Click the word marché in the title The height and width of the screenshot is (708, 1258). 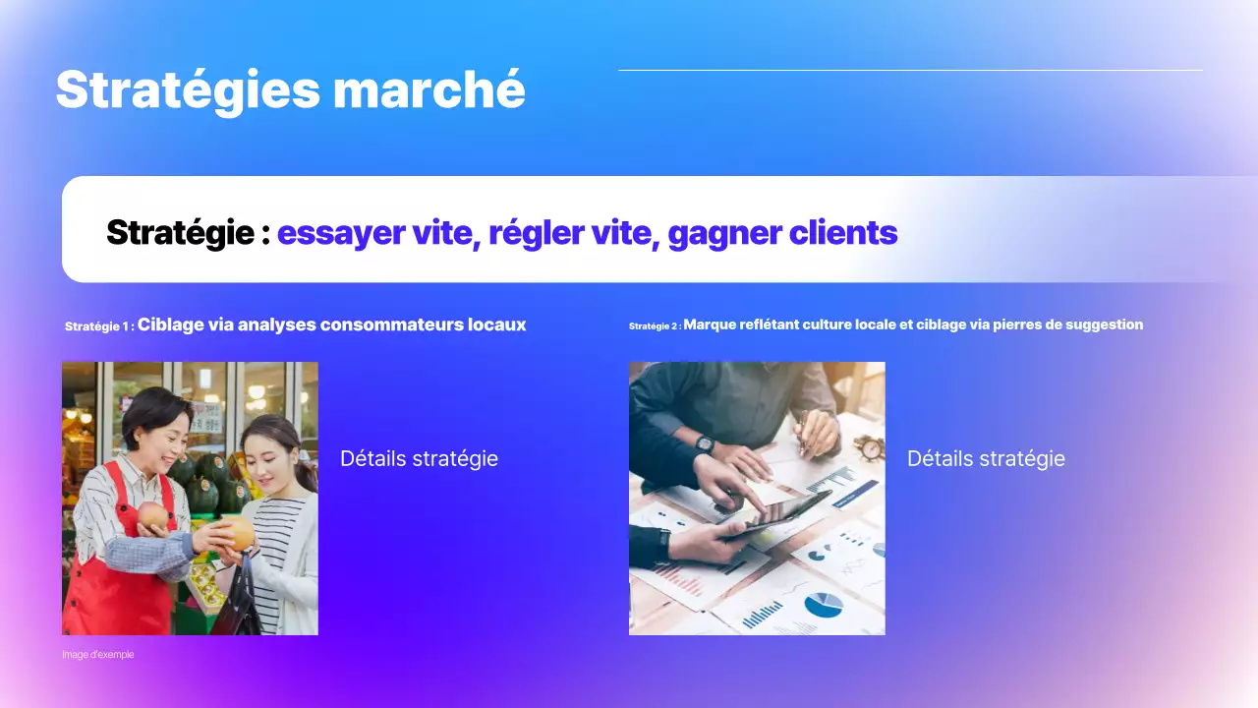(x=429, y=90)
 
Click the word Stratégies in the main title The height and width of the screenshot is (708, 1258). (x=188, y=90)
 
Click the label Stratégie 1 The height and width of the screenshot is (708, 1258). (x=98, y=325)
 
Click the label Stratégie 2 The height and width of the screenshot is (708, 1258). (x=654, y=325)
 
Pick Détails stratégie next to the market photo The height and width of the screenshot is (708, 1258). (x=419, y=458)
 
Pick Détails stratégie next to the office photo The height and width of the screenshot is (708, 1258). (x=986, y=458)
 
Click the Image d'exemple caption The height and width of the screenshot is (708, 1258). (x=97, y=655)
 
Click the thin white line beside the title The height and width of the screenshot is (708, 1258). (x=910, y=70)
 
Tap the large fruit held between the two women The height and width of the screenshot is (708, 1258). (x=236, y=533)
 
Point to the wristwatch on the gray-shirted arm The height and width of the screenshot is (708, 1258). (x=705, y=443)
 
